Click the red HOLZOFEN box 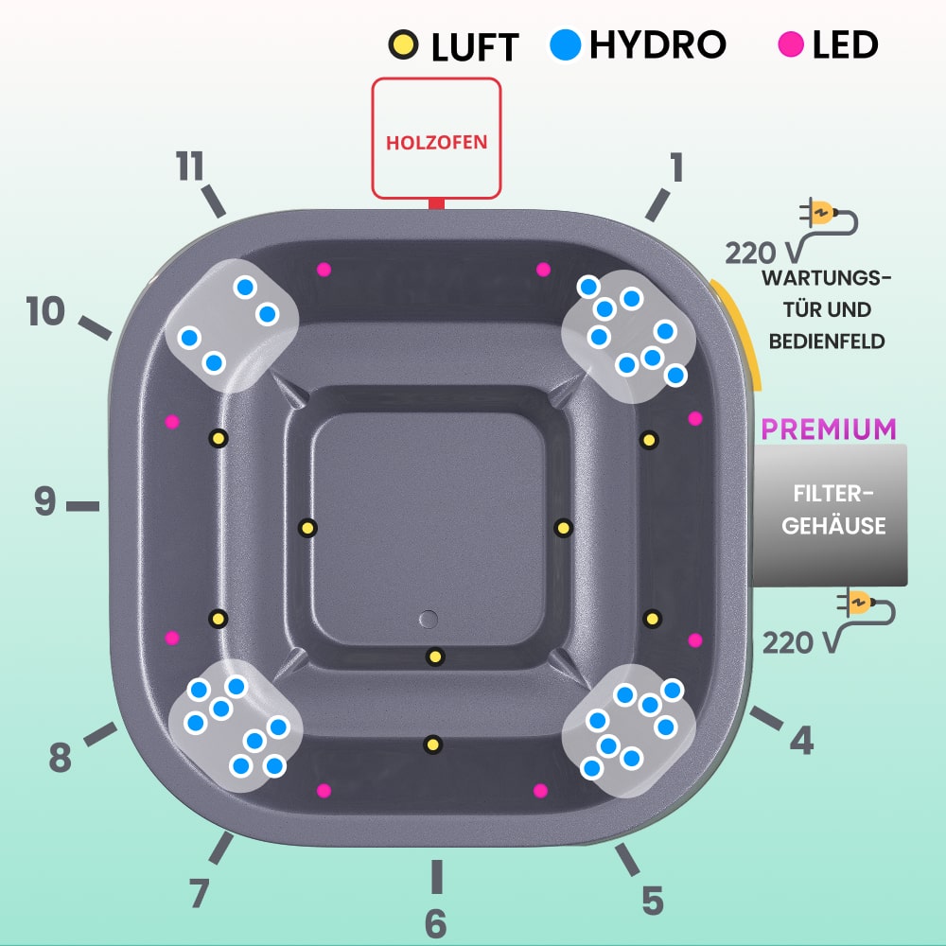[x=436, y=138]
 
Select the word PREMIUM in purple [x=829, y=429]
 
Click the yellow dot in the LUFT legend [x=402, y=44]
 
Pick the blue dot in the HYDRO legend [x=565, y=44]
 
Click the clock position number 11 [x=191, y=166]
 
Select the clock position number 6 [x=435, y=922]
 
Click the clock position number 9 [x=44, y=502]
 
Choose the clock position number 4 [x=801, y=741]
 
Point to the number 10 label [x=44, y=311]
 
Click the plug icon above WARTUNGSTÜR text [x=820, y=213]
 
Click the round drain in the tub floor [x=429, y=619]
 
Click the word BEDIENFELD [x=827, y=341]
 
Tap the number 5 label [x=653, y=900]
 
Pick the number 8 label [x=60, y=757]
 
